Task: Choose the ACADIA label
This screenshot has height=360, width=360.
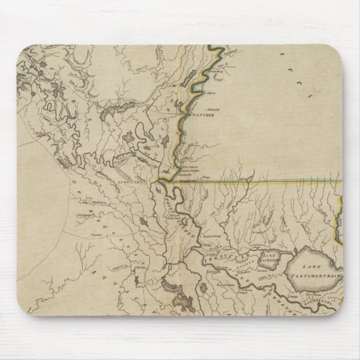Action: tap(239, 260)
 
